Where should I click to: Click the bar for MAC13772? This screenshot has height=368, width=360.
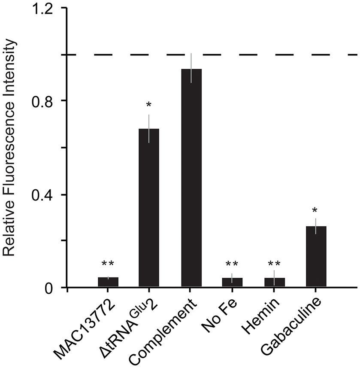[108, 282]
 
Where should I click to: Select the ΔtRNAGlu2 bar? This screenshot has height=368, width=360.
[149, 208]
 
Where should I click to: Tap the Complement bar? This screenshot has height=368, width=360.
[191, 178]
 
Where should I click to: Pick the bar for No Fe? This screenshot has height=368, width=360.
[232, 283]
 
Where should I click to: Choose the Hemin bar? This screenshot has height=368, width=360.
[275, 283]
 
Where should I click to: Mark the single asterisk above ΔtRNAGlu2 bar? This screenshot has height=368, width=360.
[149, 105]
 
